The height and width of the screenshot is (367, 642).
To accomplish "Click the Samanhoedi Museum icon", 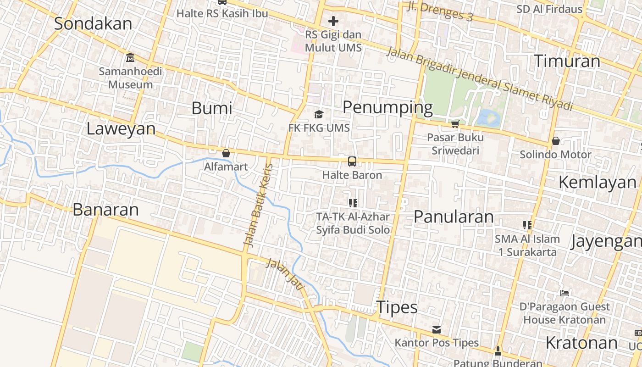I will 130,58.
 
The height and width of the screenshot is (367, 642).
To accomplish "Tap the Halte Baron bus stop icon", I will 352,161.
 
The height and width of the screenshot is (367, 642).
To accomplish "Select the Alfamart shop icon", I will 226,153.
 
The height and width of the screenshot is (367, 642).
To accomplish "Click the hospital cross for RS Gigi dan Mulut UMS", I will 333,21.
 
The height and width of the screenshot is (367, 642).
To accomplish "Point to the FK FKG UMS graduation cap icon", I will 319,114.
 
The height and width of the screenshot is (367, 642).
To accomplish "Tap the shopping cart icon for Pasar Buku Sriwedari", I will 455,124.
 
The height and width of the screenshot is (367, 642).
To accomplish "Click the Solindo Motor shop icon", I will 555,141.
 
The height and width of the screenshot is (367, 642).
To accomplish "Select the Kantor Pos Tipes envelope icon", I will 437,330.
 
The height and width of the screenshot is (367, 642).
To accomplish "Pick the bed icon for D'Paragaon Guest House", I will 565,293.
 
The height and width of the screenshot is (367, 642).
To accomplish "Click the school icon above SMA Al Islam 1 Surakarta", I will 527,225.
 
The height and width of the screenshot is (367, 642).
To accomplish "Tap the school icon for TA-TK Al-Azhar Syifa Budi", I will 353,203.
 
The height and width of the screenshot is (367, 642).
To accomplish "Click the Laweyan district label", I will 121,129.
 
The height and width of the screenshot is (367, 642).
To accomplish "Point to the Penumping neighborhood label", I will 387,107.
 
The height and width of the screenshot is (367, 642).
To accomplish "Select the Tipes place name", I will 397,307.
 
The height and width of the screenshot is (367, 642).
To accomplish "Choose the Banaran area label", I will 105,210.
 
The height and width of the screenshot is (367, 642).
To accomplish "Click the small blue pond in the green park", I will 487,117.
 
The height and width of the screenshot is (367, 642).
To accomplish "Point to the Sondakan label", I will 93,24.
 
